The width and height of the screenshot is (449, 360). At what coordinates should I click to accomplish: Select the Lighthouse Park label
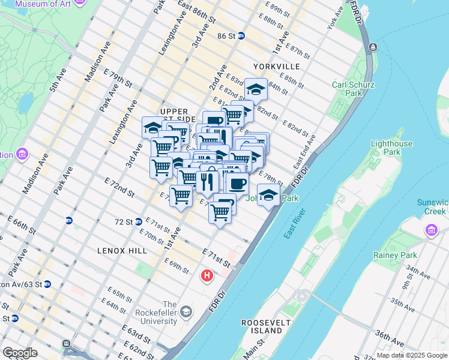pos(392,148)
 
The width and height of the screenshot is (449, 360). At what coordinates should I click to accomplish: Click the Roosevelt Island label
pos(262,326)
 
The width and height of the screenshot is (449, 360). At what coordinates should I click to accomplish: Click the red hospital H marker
pos(207,275)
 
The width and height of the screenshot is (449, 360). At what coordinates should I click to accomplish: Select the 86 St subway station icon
pos(241,36)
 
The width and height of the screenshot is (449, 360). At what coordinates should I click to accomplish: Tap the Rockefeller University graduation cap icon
pos(187,311)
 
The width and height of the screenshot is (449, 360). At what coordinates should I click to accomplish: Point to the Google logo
pos(20,353)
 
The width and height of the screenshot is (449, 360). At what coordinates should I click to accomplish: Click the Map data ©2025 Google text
pos(412,355)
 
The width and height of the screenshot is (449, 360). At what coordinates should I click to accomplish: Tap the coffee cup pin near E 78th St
pos(237,182)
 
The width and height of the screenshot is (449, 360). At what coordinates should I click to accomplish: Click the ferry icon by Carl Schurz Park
pos(373,47)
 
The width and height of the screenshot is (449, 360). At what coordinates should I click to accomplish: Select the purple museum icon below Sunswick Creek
pos(431,230)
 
